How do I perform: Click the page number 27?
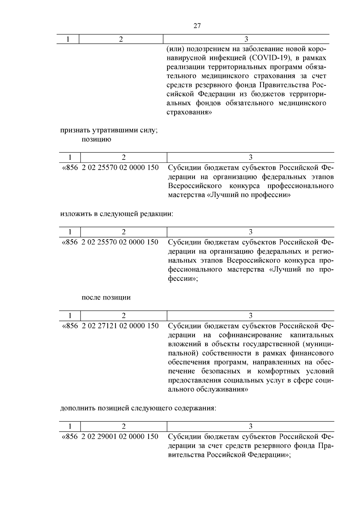tap(197, 26)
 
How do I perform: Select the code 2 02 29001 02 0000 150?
tap(120, 436)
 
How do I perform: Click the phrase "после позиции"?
tap(106, 298)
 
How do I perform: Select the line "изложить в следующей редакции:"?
tap(117, 214)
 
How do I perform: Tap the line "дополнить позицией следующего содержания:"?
tap(138, 408)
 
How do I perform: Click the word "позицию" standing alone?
tap(96, 140)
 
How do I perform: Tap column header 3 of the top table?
tap(246, 39)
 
